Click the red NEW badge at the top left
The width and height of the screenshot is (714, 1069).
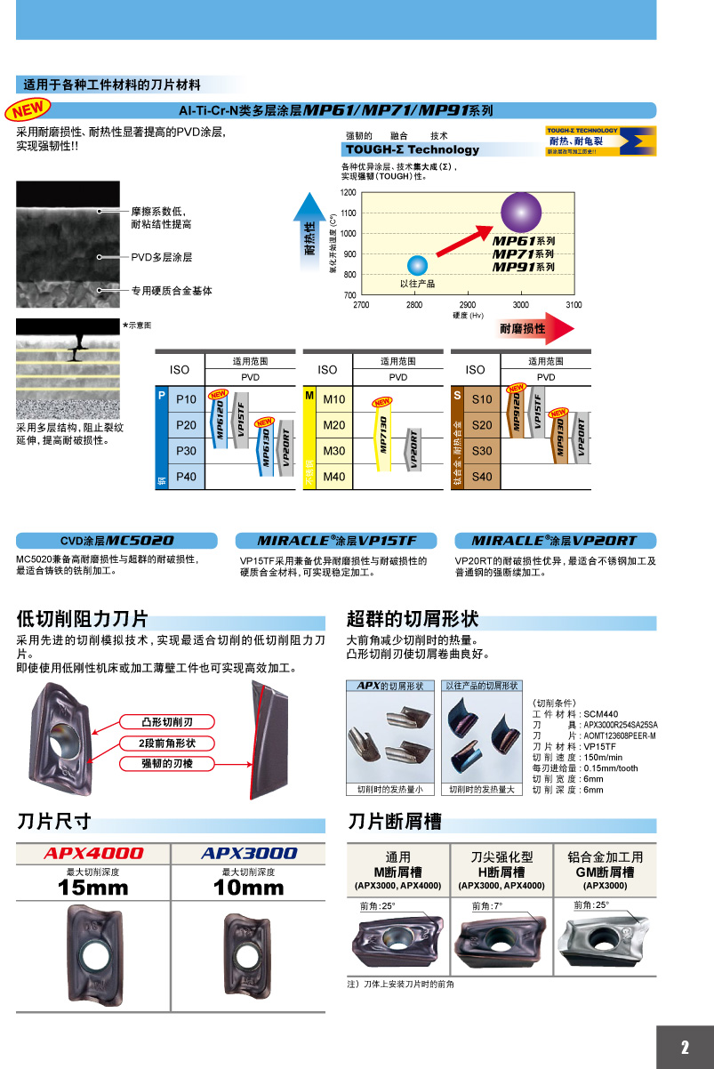(x=28, y=110)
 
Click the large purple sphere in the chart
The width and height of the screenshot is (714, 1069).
(x=520, y=213)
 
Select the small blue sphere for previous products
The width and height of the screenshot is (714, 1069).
(x=417, y=264)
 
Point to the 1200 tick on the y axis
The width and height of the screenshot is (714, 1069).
(x=348, y=192)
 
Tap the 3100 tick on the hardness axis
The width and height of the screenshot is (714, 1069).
(x=574, y=305)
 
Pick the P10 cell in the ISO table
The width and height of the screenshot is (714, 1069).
(x=186, y=400)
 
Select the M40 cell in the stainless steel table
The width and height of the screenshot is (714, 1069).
(x=334, y=478)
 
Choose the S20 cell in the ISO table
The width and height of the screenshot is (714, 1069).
(x=482, y=426)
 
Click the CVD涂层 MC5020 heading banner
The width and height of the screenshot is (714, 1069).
(x=116, y=541)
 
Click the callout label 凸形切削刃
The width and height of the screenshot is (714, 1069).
(x=167, y=721)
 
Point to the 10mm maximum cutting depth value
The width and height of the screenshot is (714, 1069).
(x=248, y=888)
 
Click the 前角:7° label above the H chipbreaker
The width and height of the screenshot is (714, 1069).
(x=487, y=906)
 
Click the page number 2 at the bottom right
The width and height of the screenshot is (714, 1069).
(x=685, y=1048)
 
